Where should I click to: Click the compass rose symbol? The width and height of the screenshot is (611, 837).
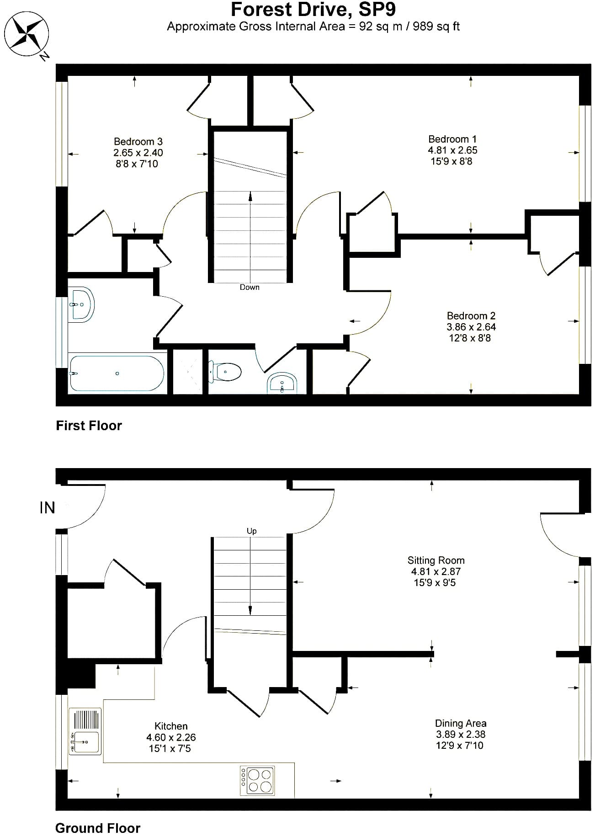click(28, 35)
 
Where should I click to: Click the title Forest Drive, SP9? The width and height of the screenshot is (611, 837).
click(313, 10)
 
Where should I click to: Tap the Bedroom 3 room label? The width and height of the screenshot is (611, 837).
click(138, 142)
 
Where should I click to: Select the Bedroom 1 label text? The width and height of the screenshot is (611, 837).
click(452, 139)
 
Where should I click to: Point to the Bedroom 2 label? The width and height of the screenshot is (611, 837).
click(471, 316)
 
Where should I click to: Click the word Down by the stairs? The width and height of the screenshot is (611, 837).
click(250, 287)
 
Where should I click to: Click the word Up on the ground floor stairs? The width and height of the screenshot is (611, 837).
click(251, 531)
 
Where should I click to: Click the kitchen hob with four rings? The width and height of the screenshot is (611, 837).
click(257, 780)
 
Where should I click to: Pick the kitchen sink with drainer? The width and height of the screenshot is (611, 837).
click(85, 731)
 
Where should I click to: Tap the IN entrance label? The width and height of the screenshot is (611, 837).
click(48, 507)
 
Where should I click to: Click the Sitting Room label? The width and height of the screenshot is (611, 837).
click(436, 560)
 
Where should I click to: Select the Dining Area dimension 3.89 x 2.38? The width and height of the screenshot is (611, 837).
click(461, 735)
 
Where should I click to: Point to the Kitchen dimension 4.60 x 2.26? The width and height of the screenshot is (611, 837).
click(171, 737)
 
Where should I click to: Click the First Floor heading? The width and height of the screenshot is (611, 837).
click(89, 426)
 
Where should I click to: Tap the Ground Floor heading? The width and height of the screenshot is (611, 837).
click(98, 828)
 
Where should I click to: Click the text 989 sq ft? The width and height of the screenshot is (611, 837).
click(436, 27)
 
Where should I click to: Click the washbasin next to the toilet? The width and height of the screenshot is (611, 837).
click(282, 383)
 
